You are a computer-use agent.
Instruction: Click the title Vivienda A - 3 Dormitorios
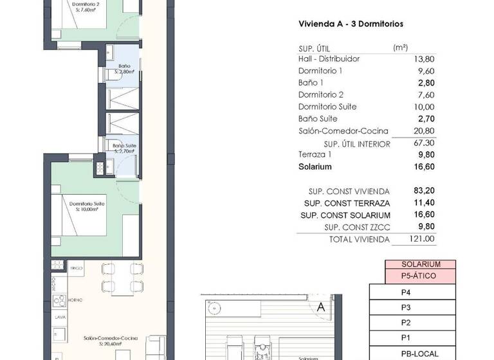[x=351, y=24]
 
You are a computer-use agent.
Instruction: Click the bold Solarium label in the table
[x=315, y=167]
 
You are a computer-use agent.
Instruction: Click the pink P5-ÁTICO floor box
[x=419, y=276]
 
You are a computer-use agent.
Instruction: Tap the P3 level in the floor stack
[x=406, y=307]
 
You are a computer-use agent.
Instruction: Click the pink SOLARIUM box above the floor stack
[x=420, y=264]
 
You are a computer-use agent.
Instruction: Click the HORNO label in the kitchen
[x=75, y=300]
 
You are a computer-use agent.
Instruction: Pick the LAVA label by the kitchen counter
[x=59, y=317]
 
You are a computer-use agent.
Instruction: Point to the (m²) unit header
[x=401, y=48]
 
